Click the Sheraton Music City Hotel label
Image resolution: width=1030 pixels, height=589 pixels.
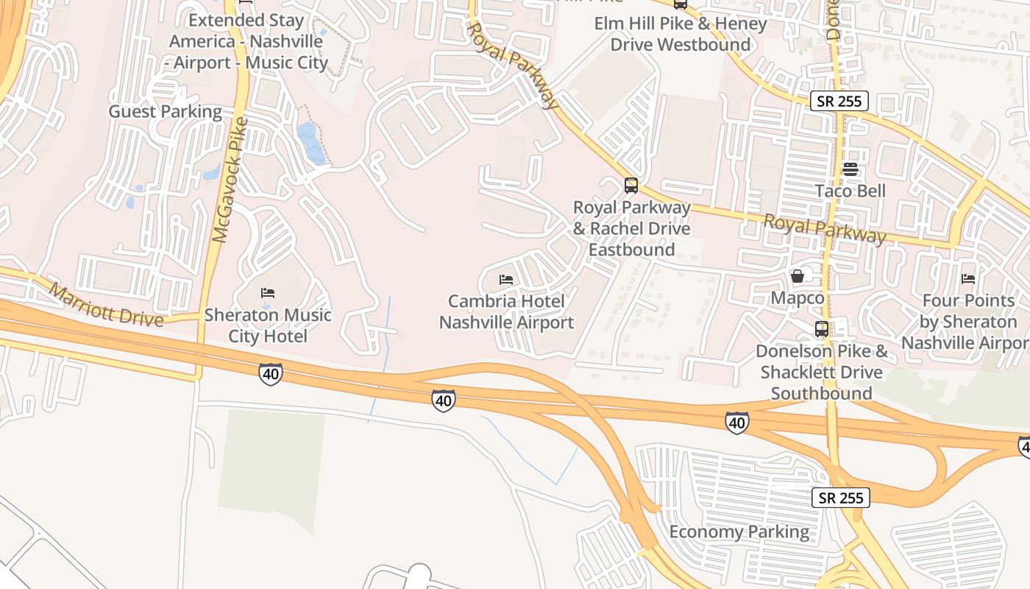[x=268, y=325]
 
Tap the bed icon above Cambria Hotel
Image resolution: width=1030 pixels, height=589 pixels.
[x=505, y=280]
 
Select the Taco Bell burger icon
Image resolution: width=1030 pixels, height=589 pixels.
[x=850, y=169]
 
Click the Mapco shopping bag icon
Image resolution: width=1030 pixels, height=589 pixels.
[x=797, y=276]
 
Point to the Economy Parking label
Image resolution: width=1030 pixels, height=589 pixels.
[x=739, y=532]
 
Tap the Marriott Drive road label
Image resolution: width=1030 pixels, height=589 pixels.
[x=107, y=304]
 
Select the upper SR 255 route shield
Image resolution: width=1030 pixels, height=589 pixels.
[x=839, y=101]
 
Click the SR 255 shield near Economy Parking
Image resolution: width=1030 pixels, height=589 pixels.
[x=841, y=498]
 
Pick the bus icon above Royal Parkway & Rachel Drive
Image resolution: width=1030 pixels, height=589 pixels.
[x=631, y=185]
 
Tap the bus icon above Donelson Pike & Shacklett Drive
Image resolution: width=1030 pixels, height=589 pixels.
[x=822, y=329]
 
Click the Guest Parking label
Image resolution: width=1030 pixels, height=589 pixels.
[x=165, y=111]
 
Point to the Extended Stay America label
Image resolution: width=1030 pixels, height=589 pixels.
[x=248, y=41]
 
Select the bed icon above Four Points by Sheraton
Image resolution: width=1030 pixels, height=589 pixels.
[x=968, y=278]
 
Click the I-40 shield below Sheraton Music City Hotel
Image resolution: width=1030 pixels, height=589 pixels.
[x=270, y=374]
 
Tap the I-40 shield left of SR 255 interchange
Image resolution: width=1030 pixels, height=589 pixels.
[x=736, y=422]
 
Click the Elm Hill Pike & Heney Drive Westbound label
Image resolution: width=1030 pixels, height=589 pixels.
[x=681, y=34]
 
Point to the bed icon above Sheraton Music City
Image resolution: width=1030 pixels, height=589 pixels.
[x=268, y=293]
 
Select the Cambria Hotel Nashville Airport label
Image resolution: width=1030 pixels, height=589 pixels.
[x=506, y=311]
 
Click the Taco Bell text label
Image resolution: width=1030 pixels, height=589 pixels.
[x=850, y=191]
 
